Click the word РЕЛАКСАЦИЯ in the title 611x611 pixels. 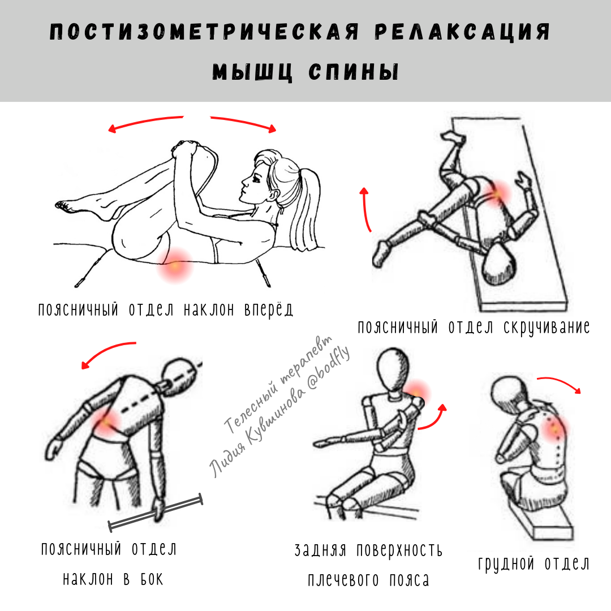pos(462,32)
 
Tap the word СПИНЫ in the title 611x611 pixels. pos(354,72)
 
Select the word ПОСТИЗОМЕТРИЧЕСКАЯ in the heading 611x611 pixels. pos(204,32)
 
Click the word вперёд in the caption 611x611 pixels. pos(269,309)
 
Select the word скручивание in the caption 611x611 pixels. pos(547,328)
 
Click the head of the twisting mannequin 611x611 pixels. pos(499,264)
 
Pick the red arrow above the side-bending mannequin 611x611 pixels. pos(105,350)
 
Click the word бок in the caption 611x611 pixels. pos(152,579)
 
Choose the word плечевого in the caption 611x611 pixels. pos(343,580)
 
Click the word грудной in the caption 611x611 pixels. pos(506,564)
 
